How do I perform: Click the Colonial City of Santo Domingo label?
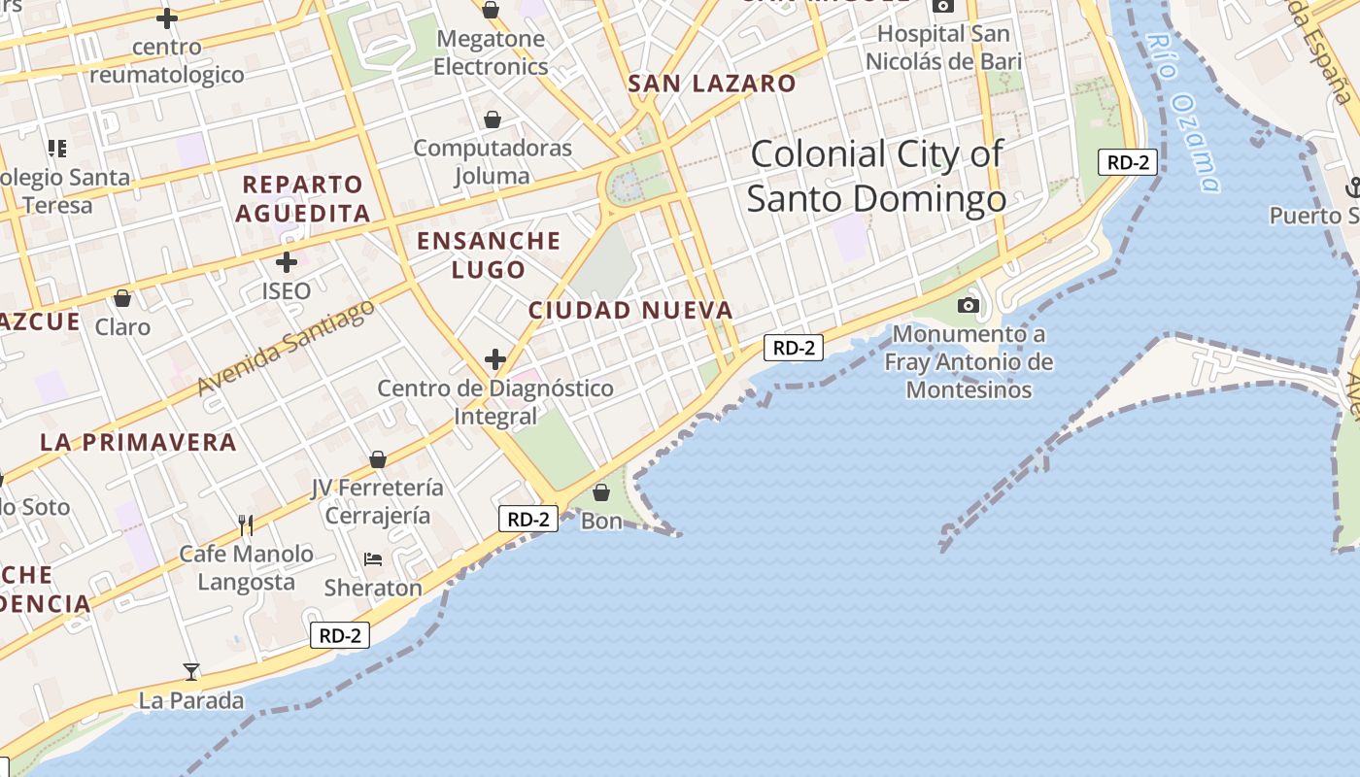pos(876,176)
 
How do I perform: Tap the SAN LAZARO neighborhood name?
pos(712,84)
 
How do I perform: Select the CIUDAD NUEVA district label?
pos(630,311)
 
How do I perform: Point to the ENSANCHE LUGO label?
pos(489,254)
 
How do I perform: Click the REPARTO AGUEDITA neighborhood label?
pos(303,198)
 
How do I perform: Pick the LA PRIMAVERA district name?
pos(139,442)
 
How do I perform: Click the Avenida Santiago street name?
pos(286,347)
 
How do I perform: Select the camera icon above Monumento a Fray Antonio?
pos(968,306)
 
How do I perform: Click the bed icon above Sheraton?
pos(373,559)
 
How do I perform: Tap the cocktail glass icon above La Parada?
pos(191,671)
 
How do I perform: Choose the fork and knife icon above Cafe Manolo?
pos(246,525)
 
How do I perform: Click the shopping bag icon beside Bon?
pos(601,492)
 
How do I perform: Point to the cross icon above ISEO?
pos(287,262)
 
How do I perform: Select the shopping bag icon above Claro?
pos(122,298)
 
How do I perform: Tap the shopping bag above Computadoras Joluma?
pos(493,119)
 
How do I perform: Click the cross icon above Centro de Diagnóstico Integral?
pos(495,359)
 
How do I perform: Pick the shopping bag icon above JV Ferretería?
pos(378,459)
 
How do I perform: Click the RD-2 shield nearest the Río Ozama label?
pos(1128,162)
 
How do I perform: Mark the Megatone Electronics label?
pos(491,52)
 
